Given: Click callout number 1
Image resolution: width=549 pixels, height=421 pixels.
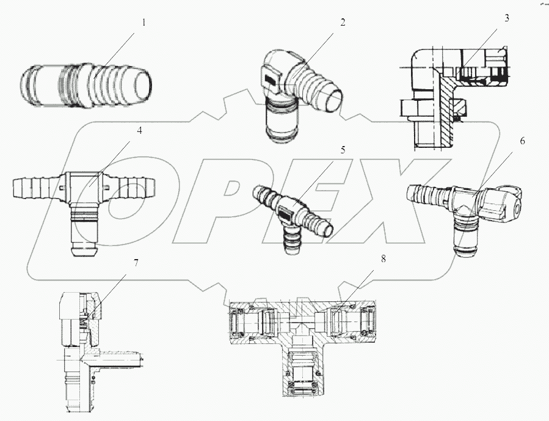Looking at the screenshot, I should pos(144,23).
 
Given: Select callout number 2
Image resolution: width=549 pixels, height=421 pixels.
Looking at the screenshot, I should pos(343,23).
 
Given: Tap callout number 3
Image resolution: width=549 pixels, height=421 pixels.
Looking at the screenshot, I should pos(506,18).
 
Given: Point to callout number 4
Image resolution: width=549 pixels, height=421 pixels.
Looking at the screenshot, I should pos(140,131).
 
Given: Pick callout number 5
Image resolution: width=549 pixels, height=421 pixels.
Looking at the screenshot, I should pos(343,149).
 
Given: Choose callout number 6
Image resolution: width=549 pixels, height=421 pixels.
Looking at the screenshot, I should pos(522,141).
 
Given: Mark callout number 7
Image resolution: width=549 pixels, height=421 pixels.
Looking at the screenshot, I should pos(136,263).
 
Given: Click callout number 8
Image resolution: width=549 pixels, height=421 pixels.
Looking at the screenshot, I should pos(383,259).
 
